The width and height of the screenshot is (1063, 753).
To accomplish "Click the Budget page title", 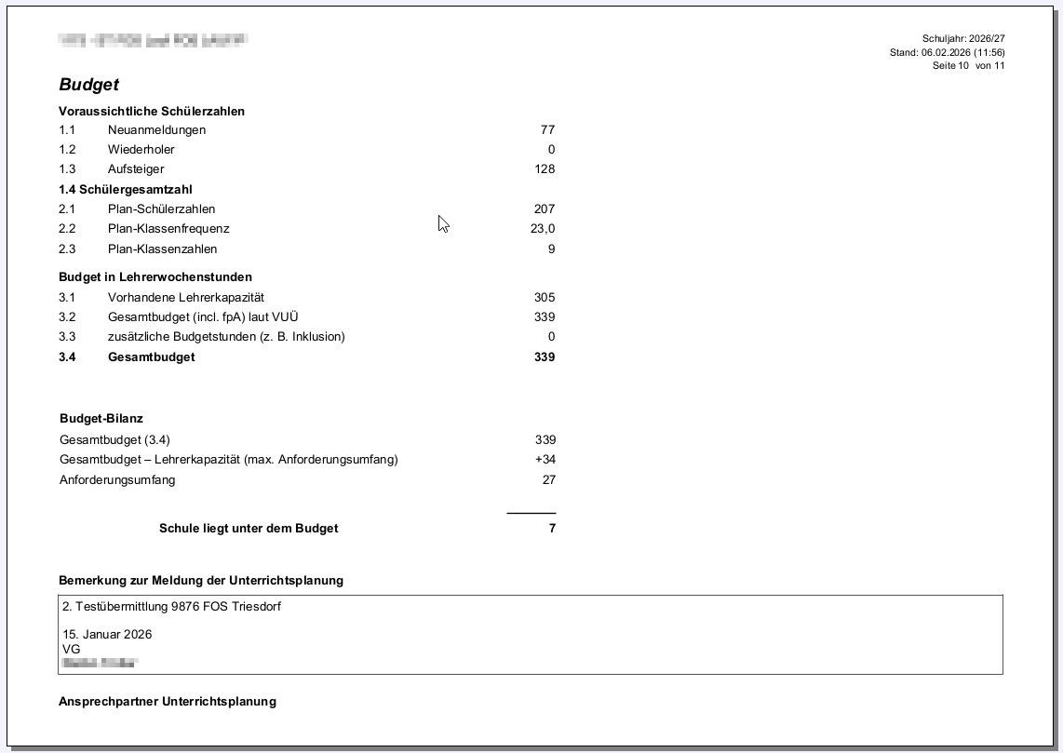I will coord(89,85).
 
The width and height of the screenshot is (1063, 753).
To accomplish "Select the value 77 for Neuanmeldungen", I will coord(547,130).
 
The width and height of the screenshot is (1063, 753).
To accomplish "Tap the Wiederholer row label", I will coord(141,150).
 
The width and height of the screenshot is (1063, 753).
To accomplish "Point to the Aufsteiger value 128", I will coord(544,169).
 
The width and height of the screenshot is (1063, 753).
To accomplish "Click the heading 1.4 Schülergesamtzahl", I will coord(126,190).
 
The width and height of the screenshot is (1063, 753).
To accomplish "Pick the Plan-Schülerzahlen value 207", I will coord(544,209).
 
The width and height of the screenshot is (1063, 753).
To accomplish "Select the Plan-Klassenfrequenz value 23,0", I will coord(543,229).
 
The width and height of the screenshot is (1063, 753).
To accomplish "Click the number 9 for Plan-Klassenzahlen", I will coord(551,249).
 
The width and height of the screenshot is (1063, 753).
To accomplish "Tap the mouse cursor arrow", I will coord(443,223).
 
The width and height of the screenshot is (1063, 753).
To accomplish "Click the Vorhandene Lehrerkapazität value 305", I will coord(544,298).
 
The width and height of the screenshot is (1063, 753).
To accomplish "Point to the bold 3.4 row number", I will coord(67,357).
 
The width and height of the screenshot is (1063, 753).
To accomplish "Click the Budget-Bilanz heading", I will coord(101,419).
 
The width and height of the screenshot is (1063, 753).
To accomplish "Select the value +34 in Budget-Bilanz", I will coord(545,460).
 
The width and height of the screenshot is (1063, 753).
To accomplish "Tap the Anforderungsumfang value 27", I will coord(548,480).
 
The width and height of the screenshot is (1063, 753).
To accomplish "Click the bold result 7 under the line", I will coord(552,529).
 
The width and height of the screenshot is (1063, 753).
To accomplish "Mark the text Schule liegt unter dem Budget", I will coord(249,529).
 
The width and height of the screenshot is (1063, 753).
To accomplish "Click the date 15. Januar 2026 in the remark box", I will coord(107,635).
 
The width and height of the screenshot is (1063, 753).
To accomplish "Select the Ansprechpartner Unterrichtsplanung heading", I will coord(168,702).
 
